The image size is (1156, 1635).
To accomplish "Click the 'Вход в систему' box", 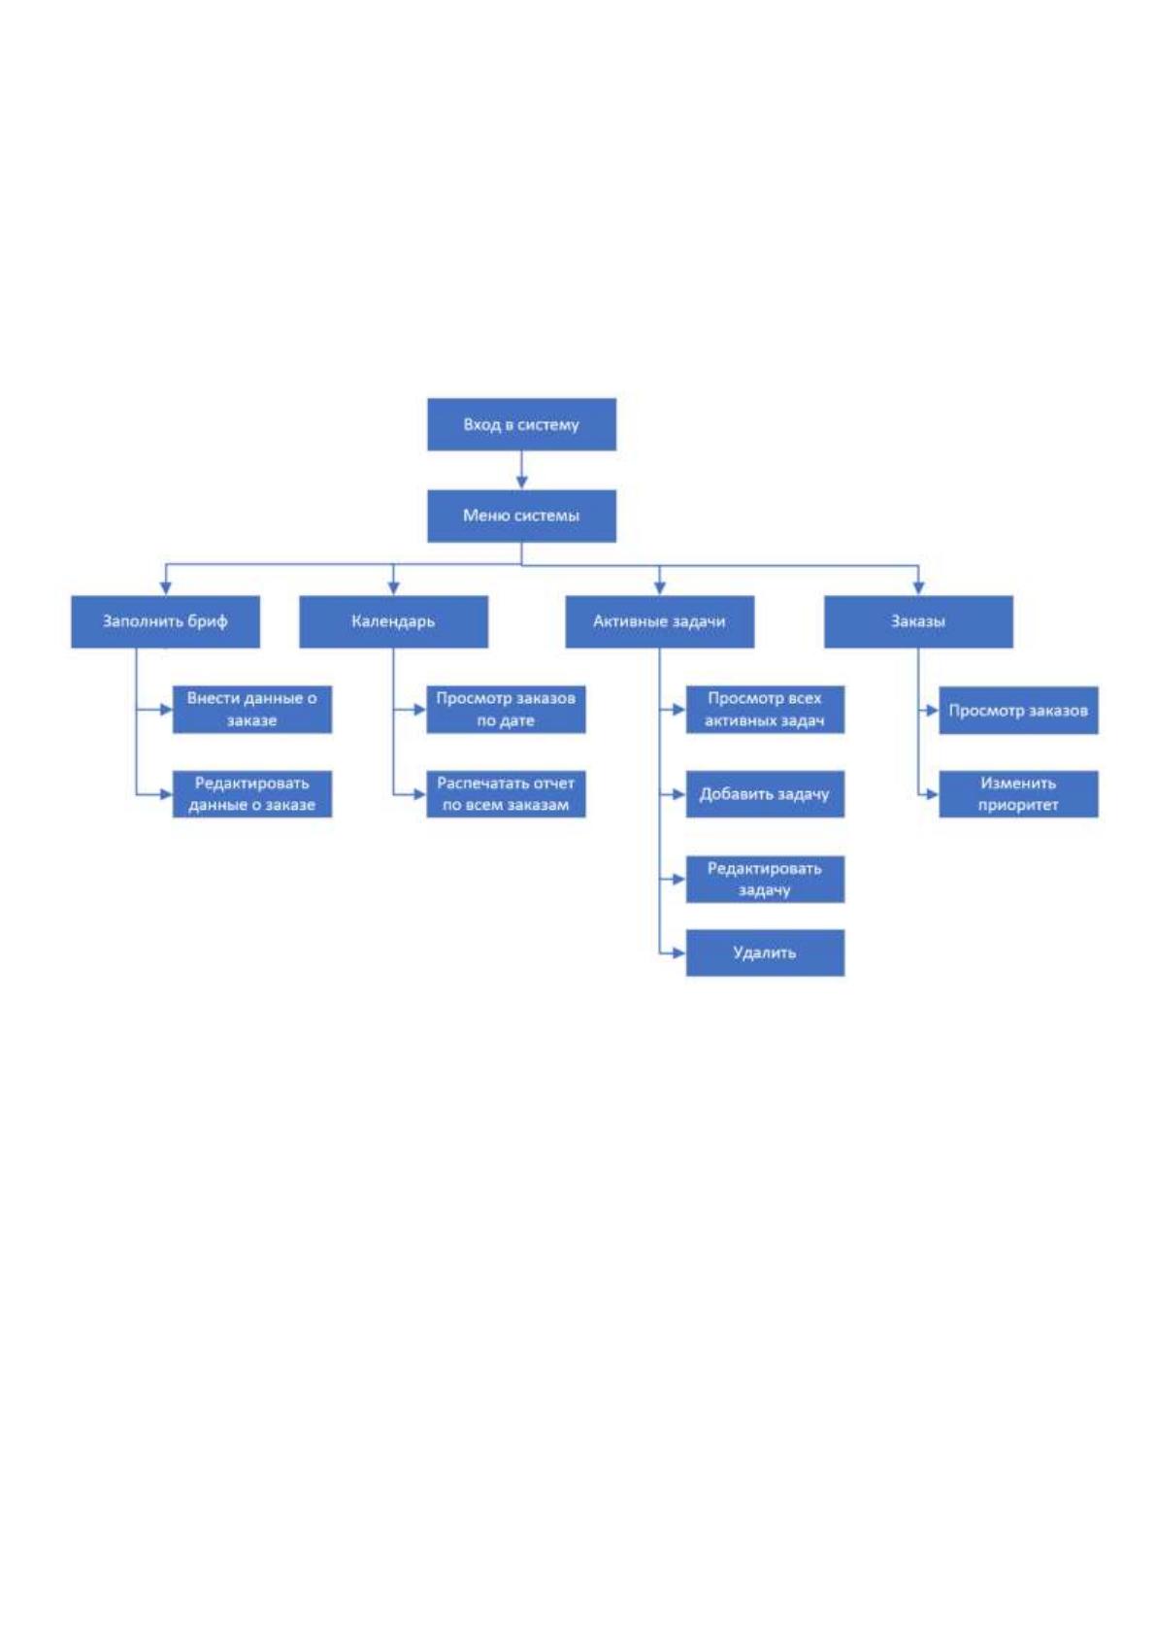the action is (x=521, y=424).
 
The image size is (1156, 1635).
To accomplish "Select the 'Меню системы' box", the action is (x=521, y=516).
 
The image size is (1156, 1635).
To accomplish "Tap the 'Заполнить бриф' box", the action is (x=165, y=621).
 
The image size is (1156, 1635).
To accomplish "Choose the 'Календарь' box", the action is (x=393, y=621).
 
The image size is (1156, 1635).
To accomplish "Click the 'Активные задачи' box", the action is (x=660, y=621).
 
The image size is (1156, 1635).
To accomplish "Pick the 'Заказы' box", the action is (x=918, y=621).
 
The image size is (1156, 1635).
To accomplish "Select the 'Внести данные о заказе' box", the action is (x=251, y=709).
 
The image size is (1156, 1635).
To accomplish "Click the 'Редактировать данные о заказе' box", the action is (x=251, y=794).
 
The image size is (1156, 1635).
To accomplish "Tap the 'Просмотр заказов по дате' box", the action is (x=506, y=709).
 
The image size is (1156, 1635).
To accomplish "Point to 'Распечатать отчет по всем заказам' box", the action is (x=506, y=794).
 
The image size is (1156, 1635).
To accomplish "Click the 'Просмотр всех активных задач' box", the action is (x=765, y=709).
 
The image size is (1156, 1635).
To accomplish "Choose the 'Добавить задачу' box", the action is (x=765, y=794).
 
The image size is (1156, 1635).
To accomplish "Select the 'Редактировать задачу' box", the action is (x=765, y=879).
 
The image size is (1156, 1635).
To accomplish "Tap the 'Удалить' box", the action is (x=765, y=952).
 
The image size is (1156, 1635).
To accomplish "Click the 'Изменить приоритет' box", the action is (x=1018, y=794).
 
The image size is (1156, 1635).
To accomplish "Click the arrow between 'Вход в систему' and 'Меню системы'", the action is (x=521, y=470).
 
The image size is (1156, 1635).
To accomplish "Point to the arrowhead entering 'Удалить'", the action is (x=679, y=952).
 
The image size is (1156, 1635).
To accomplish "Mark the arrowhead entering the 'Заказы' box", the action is (x=918, y=589).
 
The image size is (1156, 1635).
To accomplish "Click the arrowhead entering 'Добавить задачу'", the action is (x=679, y=794).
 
